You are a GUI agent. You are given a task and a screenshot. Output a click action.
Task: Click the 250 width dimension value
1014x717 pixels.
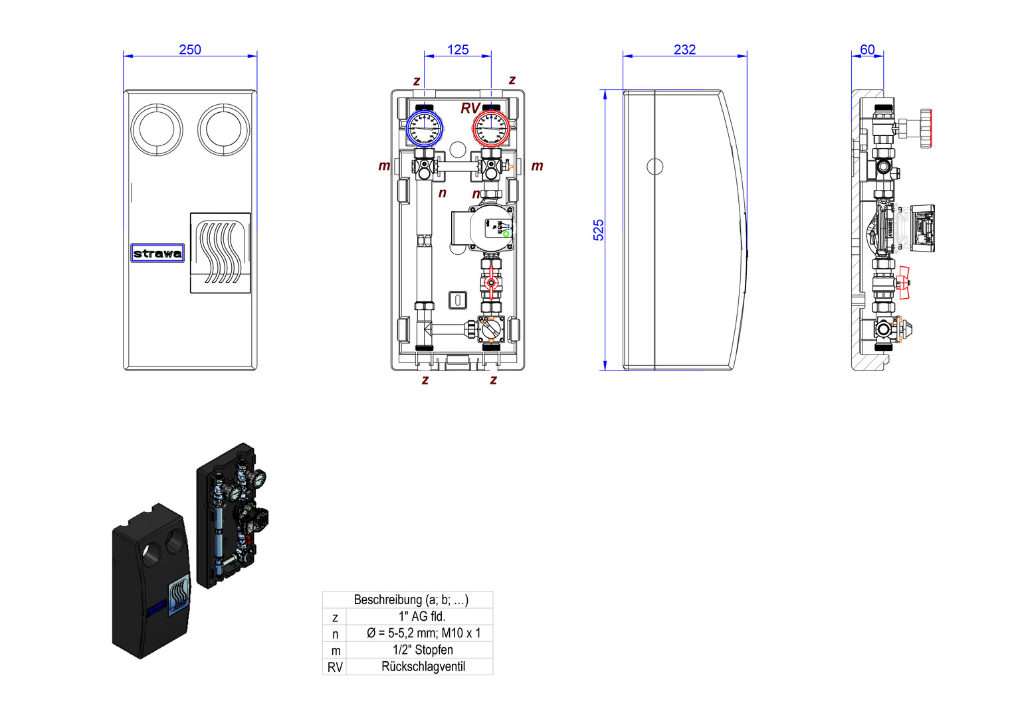190,50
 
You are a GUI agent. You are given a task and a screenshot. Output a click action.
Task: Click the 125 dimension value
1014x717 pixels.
458,50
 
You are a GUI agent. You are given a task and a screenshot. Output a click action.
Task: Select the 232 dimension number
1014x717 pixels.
684,50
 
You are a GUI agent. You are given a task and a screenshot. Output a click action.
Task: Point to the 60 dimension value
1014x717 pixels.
867,50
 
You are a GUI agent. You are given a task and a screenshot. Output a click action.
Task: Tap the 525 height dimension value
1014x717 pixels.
599,230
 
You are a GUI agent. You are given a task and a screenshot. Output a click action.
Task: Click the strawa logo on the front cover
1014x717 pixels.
157,253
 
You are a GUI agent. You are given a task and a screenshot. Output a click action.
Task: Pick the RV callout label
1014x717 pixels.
470,108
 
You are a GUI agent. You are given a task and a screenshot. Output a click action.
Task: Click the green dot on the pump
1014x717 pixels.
506,234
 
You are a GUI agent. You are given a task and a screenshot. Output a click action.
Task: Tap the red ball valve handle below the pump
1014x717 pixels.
491,282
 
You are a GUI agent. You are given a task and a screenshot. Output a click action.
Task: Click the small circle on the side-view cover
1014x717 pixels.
655,166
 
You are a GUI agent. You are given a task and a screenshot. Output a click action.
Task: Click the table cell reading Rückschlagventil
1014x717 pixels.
423,667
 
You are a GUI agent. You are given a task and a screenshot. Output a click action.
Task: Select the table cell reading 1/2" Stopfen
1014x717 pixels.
423,650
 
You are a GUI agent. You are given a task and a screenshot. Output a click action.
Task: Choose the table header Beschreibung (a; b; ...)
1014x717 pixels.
411,599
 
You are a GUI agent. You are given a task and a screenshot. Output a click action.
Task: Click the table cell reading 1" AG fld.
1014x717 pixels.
422,616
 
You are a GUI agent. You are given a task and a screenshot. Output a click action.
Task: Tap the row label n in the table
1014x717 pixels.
335,634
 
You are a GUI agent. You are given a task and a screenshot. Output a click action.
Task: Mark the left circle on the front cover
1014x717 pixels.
157,129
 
